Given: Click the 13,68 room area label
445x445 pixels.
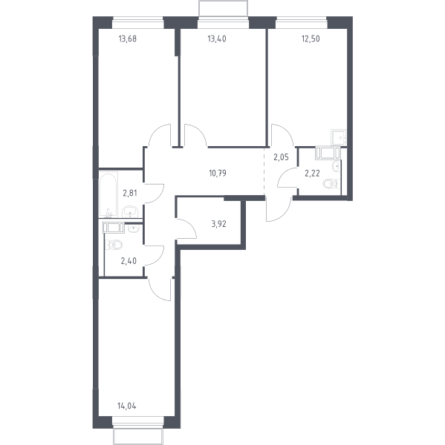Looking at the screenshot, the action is (127, 39).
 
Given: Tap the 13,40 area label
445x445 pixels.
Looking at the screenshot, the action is (217, 39).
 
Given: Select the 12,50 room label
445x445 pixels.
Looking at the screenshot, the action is (311, 39).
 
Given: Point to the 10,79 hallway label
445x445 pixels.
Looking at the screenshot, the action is (218, 173).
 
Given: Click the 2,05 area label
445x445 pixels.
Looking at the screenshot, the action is (281, 157).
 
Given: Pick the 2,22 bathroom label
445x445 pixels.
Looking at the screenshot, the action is (312, 173).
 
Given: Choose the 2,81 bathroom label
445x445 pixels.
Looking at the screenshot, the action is (130, 194).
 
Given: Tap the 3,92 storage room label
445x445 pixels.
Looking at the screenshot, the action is (218, 224).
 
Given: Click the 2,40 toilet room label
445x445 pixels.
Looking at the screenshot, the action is (129, 261).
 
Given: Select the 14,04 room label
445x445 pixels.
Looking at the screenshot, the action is (126, 406).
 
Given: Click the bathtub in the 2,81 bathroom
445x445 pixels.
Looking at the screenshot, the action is (108, 194).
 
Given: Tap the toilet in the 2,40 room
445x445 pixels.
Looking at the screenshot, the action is (114, 245).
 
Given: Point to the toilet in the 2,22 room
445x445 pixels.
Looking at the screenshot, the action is (331, 184).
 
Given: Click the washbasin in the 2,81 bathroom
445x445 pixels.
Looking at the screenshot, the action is (130, 211).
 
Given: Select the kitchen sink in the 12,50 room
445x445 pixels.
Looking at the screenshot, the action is (339, 137).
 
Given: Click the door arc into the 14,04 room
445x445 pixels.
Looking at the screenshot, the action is (157, 292).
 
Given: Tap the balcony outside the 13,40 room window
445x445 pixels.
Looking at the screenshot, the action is (223, 8).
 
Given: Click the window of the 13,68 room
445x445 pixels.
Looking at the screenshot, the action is (138, 23).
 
